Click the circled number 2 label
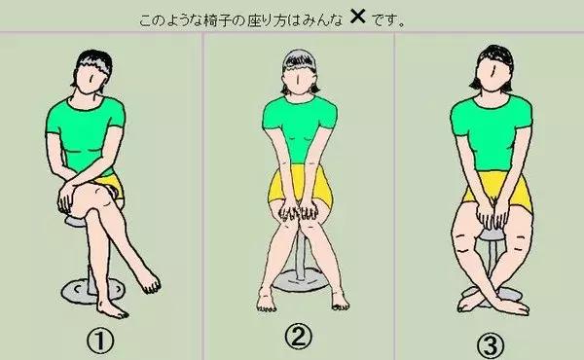point(300,337)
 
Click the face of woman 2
point(300,76)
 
